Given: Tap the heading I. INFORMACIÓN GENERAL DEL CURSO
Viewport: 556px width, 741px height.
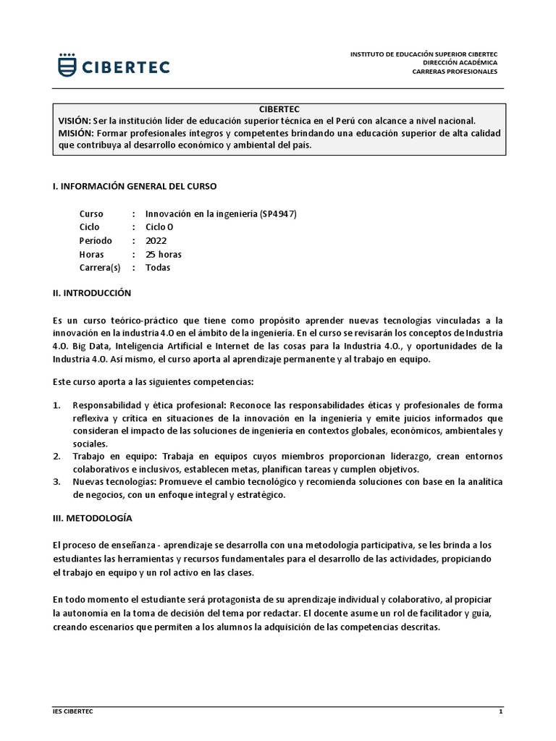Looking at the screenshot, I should pyautogui.click(x=135, y=186).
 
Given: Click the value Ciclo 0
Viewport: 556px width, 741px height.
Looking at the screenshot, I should pyautogui.click(x=159, y=227).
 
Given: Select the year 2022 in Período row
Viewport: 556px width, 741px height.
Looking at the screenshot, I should pyautogui.click(x=156, y=241).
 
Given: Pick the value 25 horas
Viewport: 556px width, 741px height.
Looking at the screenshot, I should pyautogui.click(x=164, y=255).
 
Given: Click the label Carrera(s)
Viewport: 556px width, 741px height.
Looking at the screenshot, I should pyautogui.click(x=100, y=268).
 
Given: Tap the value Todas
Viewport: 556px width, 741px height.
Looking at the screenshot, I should pyautogui.click(x=158, y=268).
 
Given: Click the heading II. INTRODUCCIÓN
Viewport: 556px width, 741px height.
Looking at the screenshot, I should pyautogui.click(x=92, y=293).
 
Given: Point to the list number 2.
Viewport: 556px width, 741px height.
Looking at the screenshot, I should pyautogui.click(x=56, y=457).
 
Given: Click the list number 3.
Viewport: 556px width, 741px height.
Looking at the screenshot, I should pyautogui.click(x=56, y=482).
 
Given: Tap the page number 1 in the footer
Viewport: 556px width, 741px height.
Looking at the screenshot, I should pyautogui.click(x=500, y=711).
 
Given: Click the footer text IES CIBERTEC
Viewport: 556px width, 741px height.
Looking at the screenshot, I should pyautogui.click(x=73, y=711).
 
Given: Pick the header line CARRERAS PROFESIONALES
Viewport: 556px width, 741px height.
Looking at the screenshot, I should pyautogui.click(x=455, y=72).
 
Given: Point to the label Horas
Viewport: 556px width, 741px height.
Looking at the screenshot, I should pyautogui.click(x=91, y=255).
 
